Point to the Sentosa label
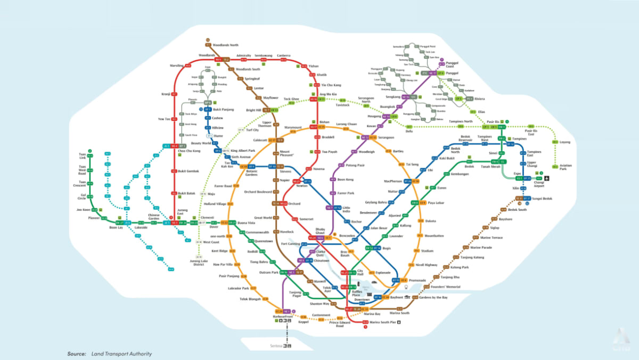[x=275, y=346]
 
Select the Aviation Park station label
[x=566, y=167]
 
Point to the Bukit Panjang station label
[x=224, y=109]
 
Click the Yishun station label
[x=314, y=66]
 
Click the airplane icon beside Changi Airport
[x=546, y=178]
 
